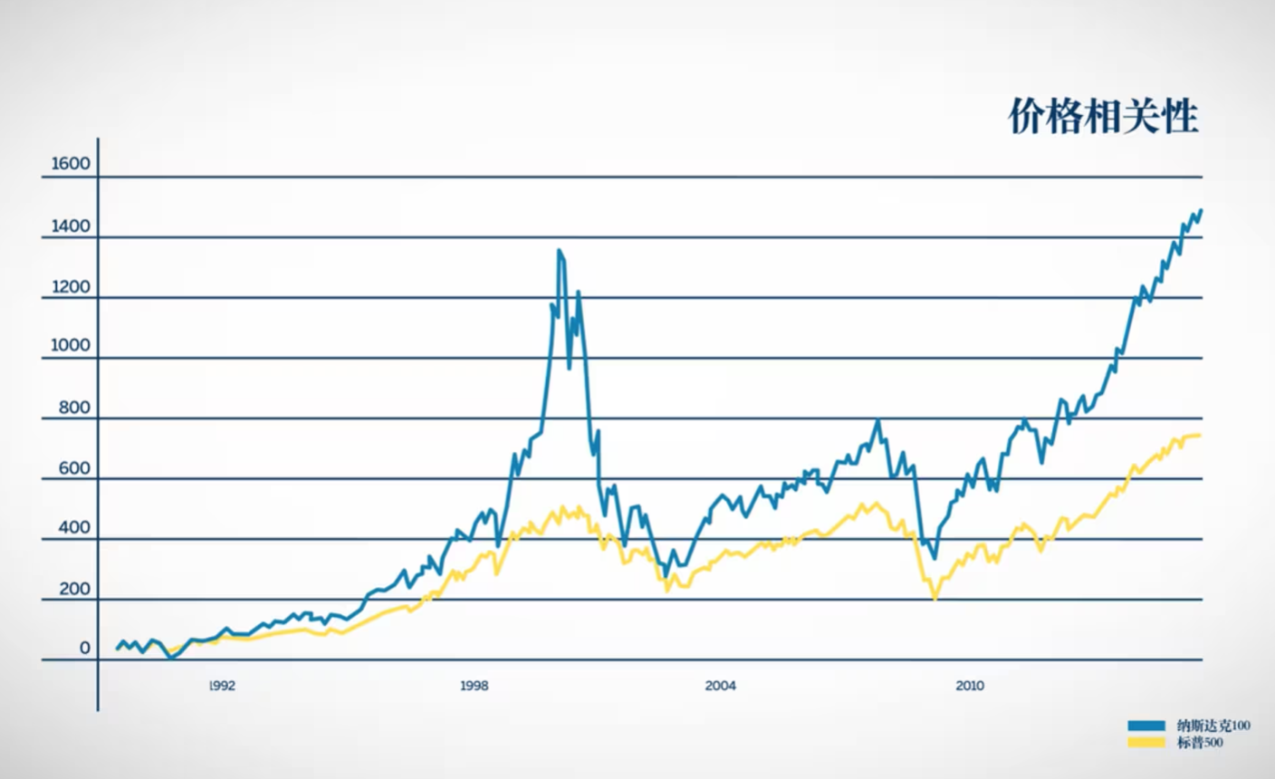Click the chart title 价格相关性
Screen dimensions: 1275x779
tap(1104, 116)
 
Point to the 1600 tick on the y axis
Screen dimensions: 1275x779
tap(71, 164)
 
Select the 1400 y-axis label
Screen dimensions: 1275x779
tap(71, 226)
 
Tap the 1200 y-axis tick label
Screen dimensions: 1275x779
tap(71, 287)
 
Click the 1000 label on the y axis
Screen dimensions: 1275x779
tap(71, 346)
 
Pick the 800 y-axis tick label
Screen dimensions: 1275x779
tap(74, 408)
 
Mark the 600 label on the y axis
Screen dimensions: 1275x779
tap(74, 468)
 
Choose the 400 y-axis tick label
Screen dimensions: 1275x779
tap(74, 528)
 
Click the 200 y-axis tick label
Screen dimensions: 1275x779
tap(74, 589)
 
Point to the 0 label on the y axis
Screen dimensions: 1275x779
tap(85, 648)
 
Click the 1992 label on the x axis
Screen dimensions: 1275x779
tap(222, 686)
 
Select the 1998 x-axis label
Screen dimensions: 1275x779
tap(475, 686)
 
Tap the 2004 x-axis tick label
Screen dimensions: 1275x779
tap(721, 686)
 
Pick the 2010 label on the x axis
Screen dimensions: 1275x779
tap(970, 686)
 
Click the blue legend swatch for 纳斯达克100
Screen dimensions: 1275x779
tap(1146, 726)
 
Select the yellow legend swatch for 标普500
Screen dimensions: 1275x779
tap(1146, 743)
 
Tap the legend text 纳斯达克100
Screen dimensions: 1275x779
tap(1213, 726)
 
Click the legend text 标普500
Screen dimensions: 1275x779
tap(1200, 743)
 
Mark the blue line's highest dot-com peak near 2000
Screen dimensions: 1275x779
tap(559, 250)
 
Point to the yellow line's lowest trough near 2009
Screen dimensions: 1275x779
tap(935, 598)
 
